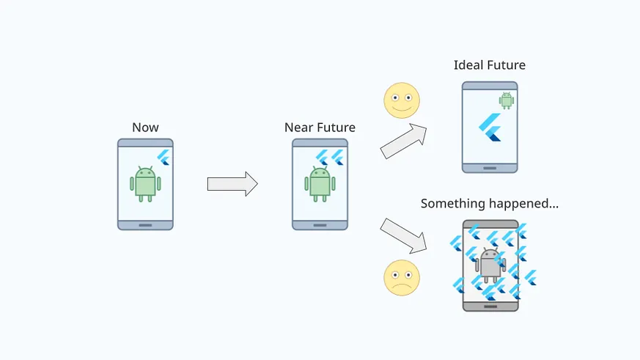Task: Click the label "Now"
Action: pos(145,128)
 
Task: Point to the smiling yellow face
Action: pos(402,100)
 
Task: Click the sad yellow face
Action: pos(402,278)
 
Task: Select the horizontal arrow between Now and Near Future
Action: pos(232,184)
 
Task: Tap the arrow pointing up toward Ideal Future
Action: pos(404,141)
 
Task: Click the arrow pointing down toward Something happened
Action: pos(404,235)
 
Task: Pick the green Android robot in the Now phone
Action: pos(145,184)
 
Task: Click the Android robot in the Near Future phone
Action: pos(320,184)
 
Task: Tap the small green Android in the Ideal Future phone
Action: pos(507,100)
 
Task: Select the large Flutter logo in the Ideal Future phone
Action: pos(490,127)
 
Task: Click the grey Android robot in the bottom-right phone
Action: pos(490,265)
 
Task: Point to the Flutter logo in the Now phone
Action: pos(163,158)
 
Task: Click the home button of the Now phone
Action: pos(145,225)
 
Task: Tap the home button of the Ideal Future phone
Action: pos(490,168)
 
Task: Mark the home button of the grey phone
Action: pos(490,306)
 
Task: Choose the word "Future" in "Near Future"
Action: pos(336,128)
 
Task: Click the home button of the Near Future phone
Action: pos(320,225)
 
